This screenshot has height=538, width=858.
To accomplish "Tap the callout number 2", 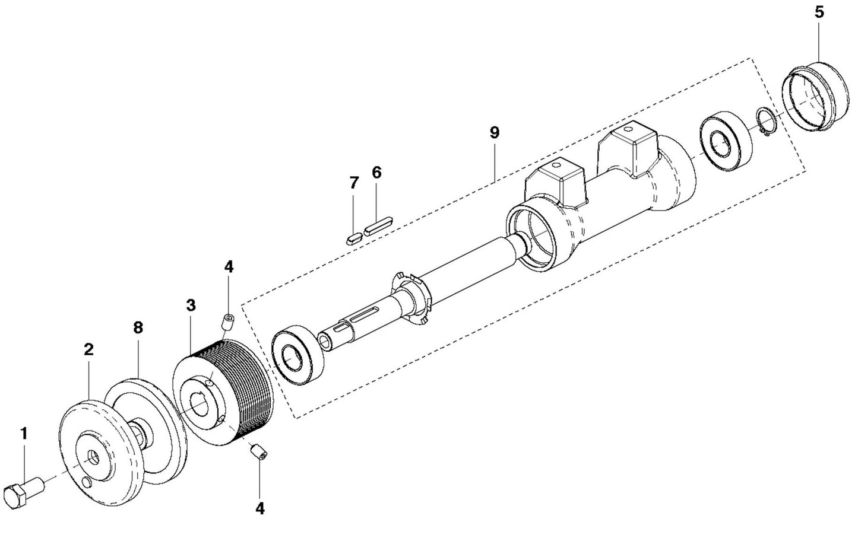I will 88,349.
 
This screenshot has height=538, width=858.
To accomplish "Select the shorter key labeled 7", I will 352,238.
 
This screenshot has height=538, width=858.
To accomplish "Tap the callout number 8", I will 138,328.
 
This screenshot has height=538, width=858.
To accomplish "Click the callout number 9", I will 495,132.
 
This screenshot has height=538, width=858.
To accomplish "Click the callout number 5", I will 819,12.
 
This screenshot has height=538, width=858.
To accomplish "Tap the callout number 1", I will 24,434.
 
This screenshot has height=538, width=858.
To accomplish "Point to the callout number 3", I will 190,305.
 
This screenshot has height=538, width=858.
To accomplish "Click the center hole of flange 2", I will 93,457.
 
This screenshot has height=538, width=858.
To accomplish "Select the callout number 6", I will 376,173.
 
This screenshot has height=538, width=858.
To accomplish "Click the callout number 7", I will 354,183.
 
